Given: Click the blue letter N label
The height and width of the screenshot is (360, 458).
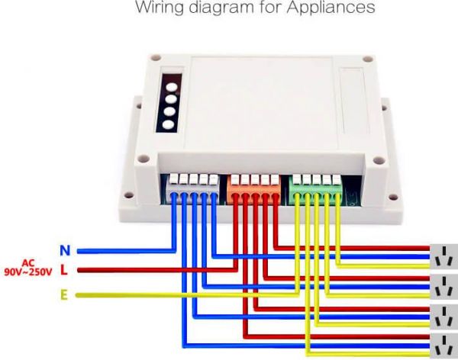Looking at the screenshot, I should click(66, 249).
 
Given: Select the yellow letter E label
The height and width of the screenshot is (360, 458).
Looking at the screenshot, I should click(65, 294).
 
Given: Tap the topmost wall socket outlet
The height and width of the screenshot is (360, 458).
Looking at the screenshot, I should click(443, 258).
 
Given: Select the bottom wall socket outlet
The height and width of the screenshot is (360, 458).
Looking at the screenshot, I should click(443, 345).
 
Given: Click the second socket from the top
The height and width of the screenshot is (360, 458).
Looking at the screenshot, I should click(443, 288).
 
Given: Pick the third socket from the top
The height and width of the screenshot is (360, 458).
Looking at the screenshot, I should click(443, 317).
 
